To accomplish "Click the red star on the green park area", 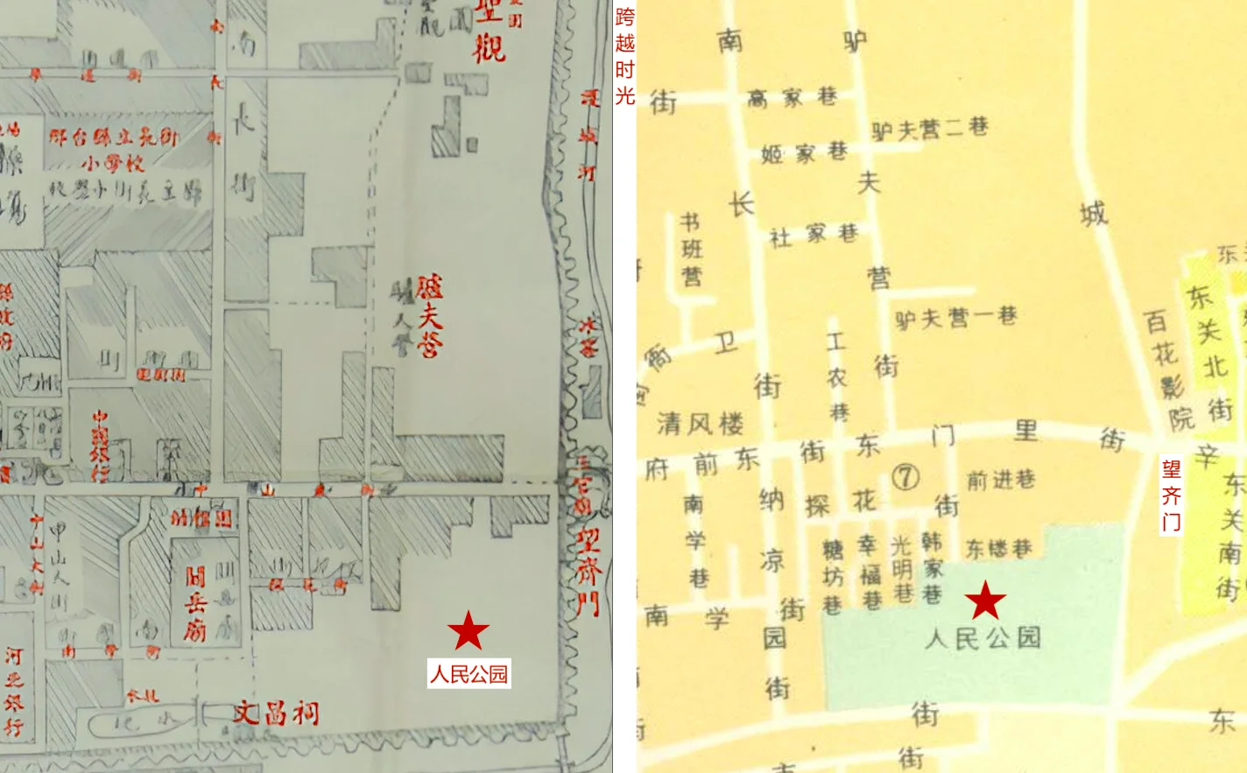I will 986,601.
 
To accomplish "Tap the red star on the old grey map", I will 469,630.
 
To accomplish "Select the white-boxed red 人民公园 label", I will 469,674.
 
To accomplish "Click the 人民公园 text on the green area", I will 983,637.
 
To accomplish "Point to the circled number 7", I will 905,477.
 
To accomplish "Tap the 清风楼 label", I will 701,425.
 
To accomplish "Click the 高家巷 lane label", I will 793,97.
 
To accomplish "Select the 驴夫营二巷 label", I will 930,130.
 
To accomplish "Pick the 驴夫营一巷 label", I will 955,317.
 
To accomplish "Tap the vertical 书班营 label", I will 692,250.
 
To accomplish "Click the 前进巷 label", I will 1001,479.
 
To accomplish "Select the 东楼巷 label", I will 999,549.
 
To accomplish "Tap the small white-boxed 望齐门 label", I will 1171,495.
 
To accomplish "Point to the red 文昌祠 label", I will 276,713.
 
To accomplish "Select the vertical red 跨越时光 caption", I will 624,56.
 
